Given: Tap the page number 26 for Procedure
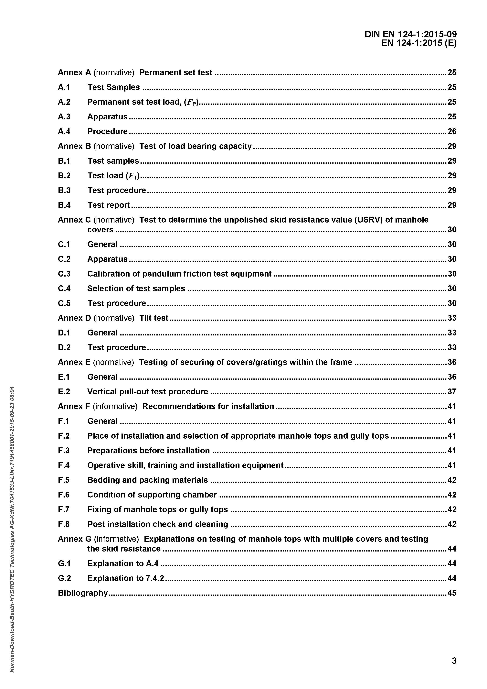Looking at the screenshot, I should pos(452,131).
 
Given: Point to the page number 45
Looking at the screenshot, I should pos(452,593).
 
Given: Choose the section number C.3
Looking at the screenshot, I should pos(64,274).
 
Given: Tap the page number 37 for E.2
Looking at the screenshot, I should pos(452,392).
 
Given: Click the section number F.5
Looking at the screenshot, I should pos(64,480).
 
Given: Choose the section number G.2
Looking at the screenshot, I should pos(64,578).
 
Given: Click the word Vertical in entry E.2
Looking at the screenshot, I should pos(102,392).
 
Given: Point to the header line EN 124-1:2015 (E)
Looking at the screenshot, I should pos(419,43).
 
